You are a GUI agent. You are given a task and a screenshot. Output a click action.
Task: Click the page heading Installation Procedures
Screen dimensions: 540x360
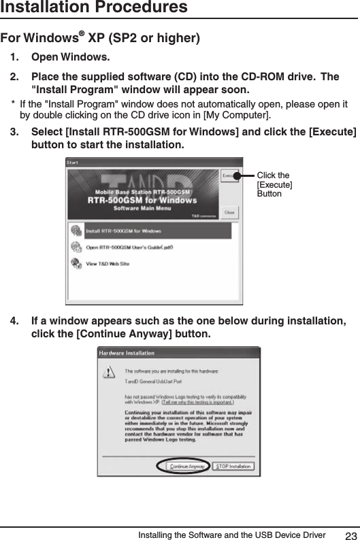pos(95,7)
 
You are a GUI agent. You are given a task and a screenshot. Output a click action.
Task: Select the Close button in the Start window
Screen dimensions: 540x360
pos(230,212)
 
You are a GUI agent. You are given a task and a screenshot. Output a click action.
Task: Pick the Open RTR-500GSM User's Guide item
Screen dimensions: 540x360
pos(129,248)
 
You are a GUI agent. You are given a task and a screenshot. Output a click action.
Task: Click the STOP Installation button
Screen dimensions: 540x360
pos(233,467)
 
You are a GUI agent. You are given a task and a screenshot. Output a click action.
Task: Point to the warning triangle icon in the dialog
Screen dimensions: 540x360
pos(109,373)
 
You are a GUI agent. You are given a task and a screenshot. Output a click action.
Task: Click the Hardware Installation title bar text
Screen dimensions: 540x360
pos(127,353)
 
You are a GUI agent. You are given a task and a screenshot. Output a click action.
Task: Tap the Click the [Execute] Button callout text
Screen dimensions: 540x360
pos(274,185)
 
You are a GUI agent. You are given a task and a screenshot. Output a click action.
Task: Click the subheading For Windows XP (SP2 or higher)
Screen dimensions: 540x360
pos(100,37)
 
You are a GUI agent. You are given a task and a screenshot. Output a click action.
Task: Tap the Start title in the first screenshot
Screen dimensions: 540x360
pos(73,162)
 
